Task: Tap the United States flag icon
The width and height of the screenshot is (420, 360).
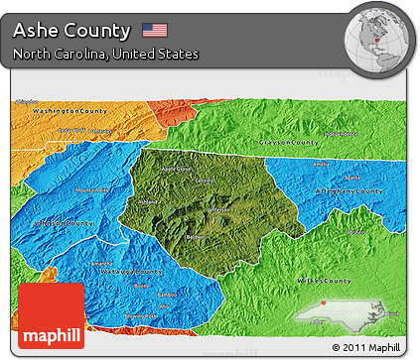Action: tap(155, 30)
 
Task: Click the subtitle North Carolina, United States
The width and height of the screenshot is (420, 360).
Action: tap(106, 53)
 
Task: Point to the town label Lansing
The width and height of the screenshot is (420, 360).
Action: tap(204, 180)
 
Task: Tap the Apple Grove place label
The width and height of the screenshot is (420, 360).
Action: tap(178, 170)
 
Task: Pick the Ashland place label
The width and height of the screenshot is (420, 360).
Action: tap(148, 201)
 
